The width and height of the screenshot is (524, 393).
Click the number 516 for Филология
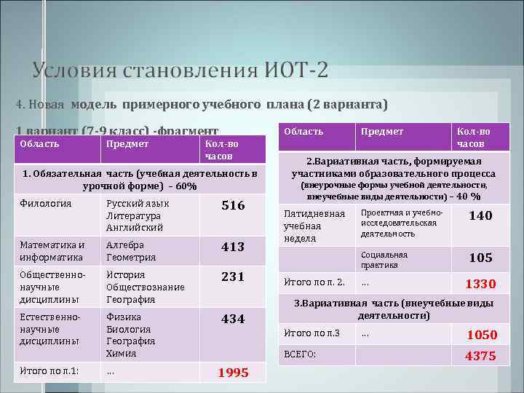point(233,206)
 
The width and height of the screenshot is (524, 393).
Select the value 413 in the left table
point(233,247)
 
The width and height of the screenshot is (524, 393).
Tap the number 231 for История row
point(233,277)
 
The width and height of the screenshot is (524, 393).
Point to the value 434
point(233,319)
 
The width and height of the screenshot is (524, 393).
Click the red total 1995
point(233,373)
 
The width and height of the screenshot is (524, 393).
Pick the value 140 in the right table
point(480,215)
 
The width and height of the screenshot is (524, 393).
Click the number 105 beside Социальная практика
point(480,258)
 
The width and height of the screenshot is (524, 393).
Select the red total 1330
point(480,284)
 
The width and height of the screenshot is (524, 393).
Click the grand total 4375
point(480,356)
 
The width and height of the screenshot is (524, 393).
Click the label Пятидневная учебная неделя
point(314,226)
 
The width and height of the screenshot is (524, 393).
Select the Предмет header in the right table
point(383,132)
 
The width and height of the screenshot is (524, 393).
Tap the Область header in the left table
point(39,144)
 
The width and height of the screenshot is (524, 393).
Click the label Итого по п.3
point(311,333)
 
